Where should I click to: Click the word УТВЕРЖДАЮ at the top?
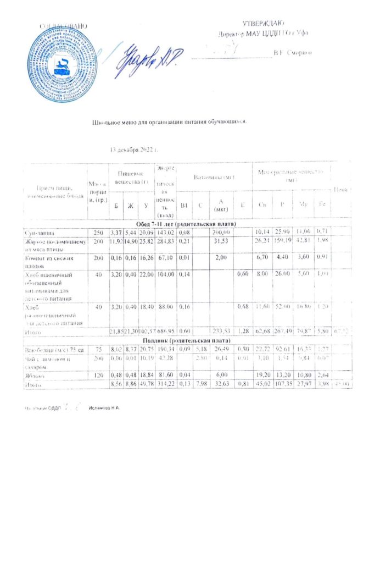click(x=262, y=24)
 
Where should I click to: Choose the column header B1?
click(x=185, y=205)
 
